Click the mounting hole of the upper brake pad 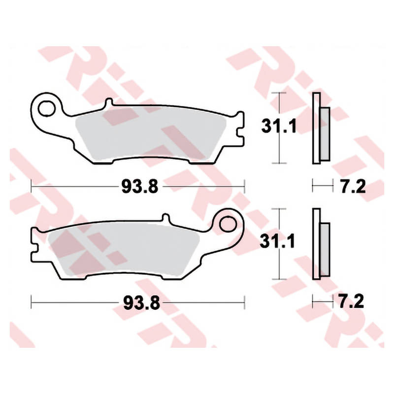click(x=46, y=108)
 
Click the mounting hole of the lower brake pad click(x=228, y=224)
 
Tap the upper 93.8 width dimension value click(x=140, y=187)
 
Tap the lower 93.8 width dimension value click(x=141, y=303)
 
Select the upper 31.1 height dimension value click(x=279, y=126)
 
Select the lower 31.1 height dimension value click(x=277, y=241)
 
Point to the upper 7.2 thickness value click(x=353, y=187)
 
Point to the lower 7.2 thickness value click(x=351, y=301)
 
